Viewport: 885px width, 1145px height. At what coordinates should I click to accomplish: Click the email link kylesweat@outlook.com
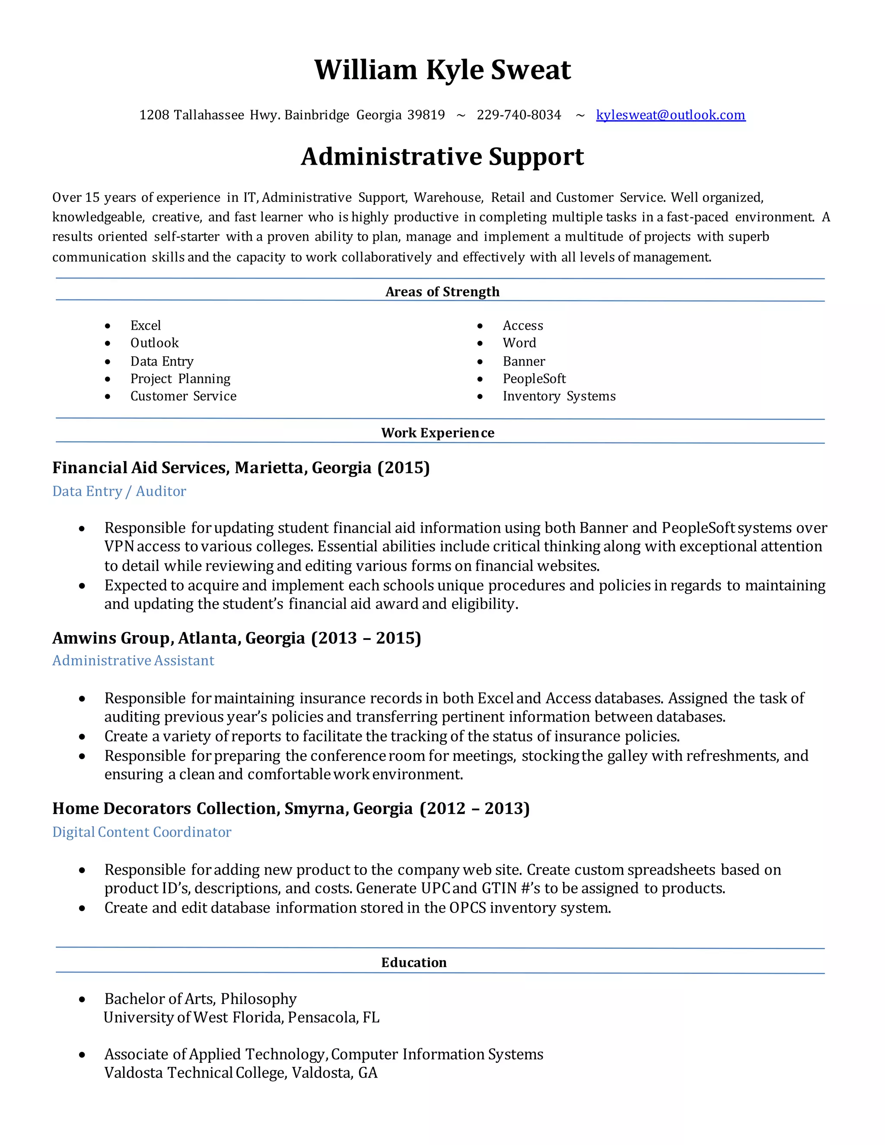tap(670, 115)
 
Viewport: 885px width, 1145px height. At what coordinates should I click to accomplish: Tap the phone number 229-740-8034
tap(519, 115)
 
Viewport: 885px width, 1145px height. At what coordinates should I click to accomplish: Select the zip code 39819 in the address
tap(426, 115)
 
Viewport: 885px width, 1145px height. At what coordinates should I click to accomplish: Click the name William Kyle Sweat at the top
tap(442, 70)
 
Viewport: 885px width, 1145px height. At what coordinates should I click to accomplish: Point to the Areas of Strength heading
tap(442, 292)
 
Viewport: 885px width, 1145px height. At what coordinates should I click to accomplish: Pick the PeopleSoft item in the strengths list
tap(534, 378)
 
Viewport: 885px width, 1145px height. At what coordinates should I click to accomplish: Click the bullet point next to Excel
tap(108, 326)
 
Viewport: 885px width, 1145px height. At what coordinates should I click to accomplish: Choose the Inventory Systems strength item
tap(559, 396)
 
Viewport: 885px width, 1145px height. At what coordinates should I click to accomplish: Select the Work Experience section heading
tap(437, 433)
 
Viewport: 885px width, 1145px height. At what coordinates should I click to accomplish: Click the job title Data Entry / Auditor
tap(119, 491)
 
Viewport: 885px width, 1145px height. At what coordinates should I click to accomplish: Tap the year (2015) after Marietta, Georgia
tap(403, 468)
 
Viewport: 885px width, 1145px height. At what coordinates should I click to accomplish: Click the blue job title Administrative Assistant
tap(133, 661)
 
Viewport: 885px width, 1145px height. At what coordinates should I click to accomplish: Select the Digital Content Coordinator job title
tap(142, 832)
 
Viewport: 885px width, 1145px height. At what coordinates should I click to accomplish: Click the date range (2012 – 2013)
tap(474, 808)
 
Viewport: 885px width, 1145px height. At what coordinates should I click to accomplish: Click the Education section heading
tap(414, 963)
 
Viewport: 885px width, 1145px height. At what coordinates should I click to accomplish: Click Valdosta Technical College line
tap(241, 1073)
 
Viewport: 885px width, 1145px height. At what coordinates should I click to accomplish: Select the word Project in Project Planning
tap(151, 378)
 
